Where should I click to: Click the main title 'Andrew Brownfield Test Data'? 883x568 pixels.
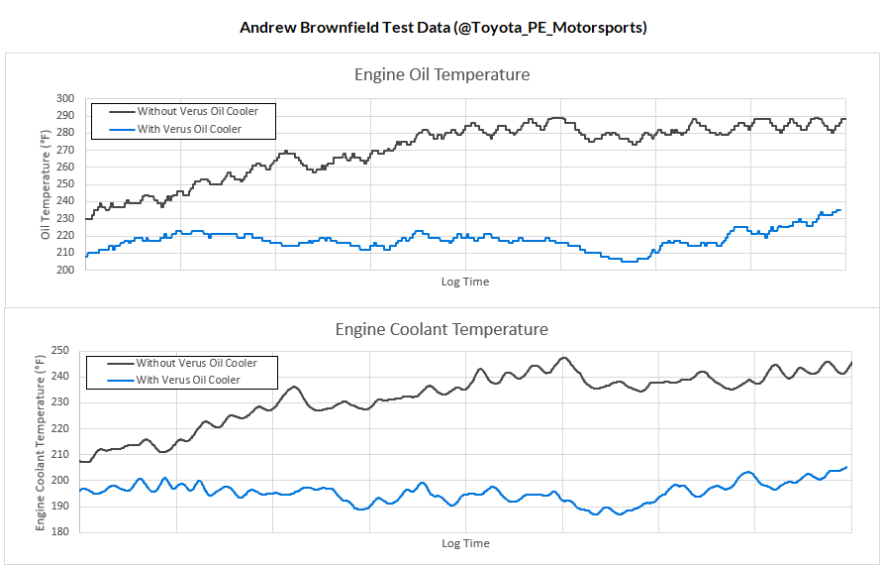tap(442, 27)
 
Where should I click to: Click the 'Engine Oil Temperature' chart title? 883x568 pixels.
tap(441, 74)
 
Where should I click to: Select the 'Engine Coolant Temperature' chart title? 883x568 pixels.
tap(441, 329)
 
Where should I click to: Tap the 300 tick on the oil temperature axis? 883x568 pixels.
tap(66, 99)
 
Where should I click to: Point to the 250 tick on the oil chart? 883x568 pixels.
tap(66, 184)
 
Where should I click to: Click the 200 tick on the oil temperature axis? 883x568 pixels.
tap(66, 270)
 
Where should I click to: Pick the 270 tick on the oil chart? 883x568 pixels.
tap(66, 151)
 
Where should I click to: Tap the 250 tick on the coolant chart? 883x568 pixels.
tap(59, 351)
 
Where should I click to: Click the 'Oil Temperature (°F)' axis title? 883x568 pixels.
tap(45, 185)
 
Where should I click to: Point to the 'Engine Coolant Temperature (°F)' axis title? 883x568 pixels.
tap(41, 441)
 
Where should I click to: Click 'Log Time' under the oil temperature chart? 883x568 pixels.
tap(464, 282)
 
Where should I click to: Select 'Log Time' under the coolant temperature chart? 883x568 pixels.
tap(464, 543)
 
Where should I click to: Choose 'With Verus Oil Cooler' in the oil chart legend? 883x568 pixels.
tap(189, 129)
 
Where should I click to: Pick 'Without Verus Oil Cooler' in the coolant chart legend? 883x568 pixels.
tap(196, 364)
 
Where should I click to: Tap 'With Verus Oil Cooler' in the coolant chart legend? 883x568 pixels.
tap(188, 381)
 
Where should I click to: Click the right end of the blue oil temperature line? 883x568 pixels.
tap(840, 210)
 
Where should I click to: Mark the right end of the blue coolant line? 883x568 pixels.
tap(846, 467)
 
